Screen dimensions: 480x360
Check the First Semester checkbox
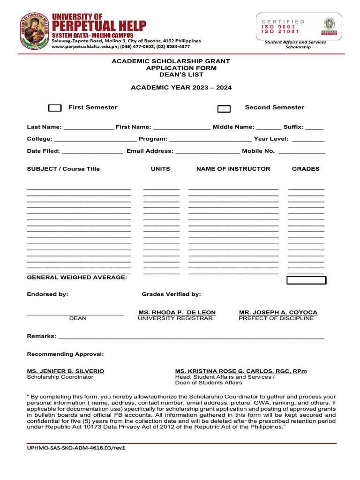pyautogui.click(x=55, y=108)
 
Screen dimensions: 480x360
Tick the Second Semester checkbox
pyautogui.click(x=224, y=109)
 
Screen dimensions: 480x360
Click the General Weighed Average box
pyautogui.click(x=306, y=280)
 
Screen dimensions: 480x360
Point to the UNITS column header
pyautogui.click(x=160, y=169)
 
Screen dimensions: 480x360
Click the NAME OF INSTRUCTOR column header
pyautogui.click(x=233, y=169)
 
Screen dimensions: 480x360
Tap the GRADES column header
pyautogui.click(x=306, y=169)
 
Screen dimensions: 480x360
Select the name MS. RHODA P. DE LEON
pyautogui.click(x=177, y=312)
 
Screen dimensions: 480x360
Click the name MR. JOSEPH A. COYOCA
pyautogui.click(x=278, y=312)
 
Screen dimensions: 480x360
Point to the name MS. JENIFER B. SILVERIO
pyautogui.click(x=66, y=371)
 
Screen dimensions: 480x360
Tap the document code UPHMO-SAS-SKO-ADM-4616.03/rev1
pyautogui.click(x=76, y=448)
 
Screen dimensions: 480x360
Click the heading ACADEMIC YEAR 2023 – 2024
pyautogui.click(x=181, y=88)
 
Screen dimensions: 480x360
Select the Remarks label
pyautogui.click(x=41, y=337)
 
